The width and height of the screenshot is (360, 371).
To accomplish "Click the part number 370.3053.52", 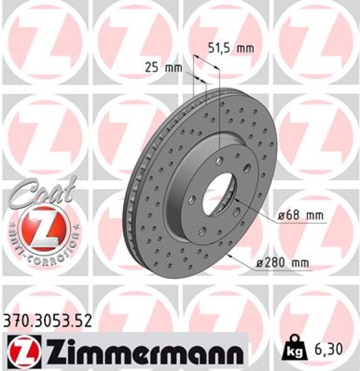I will [x=47, y=320].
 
